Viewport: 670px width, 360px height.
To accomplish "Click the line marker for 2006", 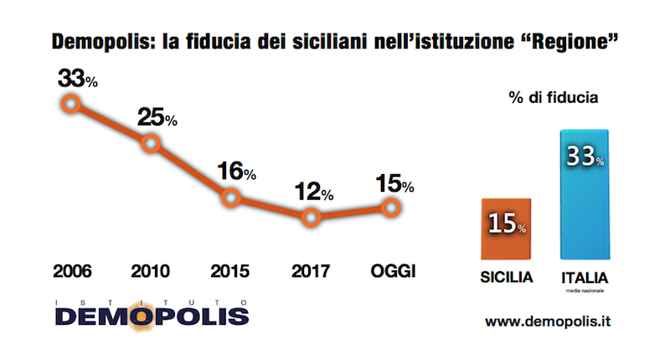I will click(71, 104).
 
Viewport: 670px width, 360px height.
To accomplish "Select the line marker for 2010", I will click(152, 143).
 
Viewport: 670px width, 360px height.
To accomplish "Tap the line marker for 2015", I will click(232, 198).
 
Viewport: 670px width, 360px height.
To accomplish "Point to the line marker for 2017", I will click(311, 219).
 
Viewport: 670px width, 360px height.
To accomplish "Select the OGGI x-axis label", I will click(393, 270).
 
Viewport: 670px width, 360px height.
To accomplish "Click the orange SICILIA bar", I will click(506, 229).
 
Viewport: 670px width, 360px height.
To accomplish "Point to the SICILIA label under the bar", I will click(506, 277).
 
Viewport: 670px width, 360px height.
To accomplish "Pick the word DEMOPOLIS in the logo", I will click(152, 316).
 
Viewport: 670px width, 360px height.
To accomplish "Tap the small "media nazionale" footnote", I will click(585, 291).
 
